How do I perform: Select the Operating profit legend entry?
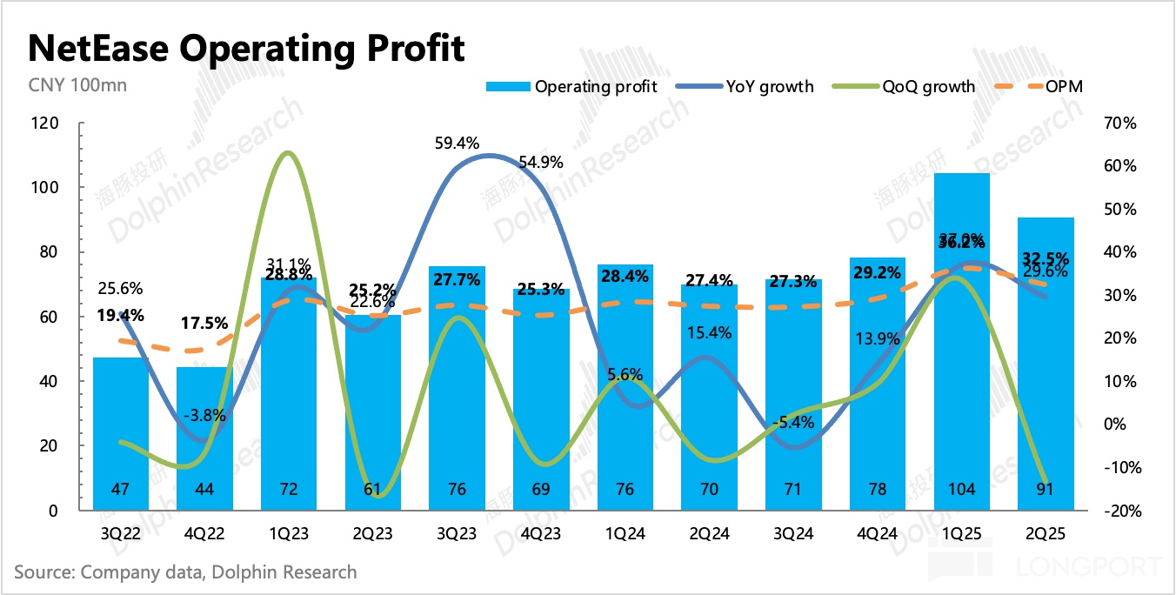tap(571, 86)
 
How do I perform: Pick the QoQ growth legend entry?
tap(904, 86)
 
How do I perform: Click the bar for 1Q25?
tap(961, 348)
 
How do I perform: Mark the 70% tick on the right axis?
tap(1121, 124)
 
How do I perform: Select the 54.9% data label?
tap(541, 162)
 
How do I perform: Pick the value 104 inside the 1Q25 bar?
tap(961, 490)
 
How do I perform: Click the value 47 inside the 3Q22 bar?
tap(120, 490)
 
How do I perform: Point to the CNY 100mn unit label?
tap(65, 85)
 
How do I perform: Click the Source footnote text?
tap(185, 572)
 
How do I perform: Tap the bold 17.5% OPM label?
tap(205, 323)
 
